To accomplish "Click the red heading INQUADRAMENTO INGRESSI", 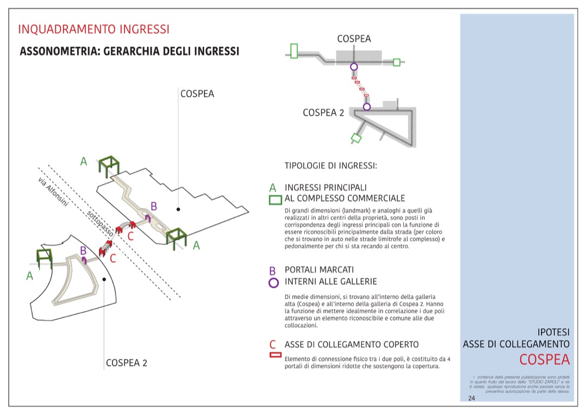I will tap(93, 29).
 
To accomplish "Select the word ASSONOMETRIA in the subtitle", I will tap(57, 52).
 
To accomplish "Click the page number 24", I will tap(471, 398).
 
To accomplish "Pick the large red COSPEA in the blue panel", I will tap(544, 360).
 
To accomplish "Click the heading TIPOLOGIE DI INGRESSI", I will tap(330, 165).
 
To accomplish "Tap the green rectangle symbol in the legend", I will tap(275, 200).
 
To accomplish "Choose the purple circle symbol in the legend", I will tap(273, 282).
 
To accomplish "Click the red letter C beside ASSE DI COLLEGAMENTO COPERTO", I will tap(273, 344).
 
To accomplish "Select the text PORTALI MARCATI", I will tap(319, 270).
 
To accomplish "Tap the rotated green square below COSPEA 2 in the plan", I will tap(356, 138).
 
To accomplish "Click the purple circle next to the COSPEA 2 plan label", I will tap(367, 107).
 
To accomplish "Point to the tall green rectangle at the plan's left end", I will tap(294, 51).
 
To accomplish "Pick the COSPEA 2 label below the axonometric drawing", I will tap(126, 363).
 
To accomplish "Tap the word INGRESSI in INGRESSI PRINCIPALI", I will tap(304, 187).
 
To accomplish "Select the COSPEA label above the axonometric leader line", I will tap(197, 94).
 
